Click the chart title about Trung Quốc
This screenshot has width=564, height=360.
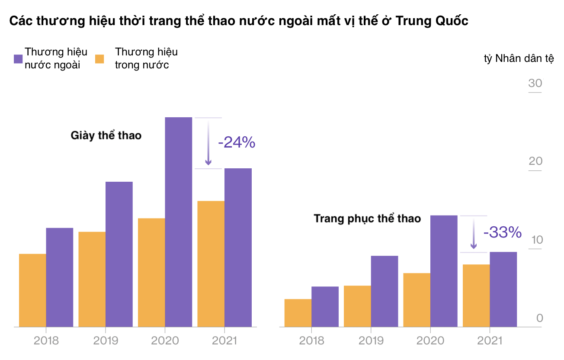(x=239, y=21)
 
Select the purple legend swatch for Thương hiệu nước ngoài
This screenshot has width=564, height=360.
(x=18, y=59)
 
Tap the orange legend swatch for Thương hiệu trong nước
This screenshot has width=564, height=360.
(x=100, y=59)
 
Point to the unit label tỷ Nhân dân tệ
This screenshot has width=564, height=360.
(x=519, y=59)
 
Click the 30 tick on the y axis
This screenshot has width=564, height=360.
(x=535, y=83)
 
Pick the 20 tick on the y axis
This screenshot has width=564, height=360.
(x=535, y=161)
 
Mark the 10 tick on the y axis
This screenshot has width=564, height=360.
(x=535, y=240)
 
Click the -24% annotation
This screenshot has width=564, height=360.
(x=237, y=142)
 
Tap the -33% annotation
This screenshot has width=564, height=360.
(x=503, y=232)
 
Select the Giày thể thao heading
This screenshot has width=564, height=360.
(x=106, y=135)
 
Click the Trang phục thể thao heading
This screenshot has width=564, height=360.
(x=367, y=219)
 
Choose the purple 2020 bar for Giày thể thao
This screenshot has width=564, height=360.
(x=179, y=222)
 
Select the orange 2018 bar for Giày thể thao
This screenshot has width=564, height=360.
(x=32, y=290)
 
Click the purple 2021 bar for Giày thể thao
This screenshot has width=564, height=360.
(x=238, y=247)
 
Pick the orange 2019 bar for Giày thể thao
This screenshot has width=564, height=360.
(x=92, y=279)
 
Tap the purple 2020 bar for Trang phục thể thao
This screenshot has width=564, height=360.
(x=444, y=270)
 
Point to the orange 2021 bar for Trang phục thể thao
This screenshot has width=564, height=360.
(x=476, y=295)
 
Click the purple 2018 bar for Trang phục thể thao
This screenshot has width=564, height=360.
(x=325, y=306)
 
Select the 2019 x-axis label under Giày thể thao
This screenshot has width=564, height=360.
(x=106, y=341)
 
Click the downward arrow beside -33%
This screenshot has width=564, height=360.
(x=474, y=234)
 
